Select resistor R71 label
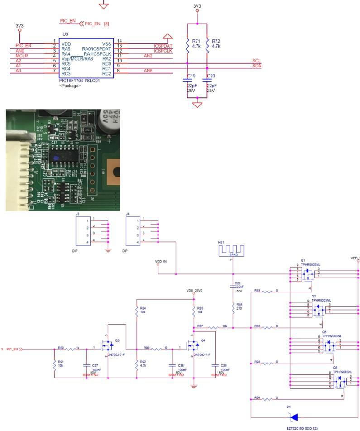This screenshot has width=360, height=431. (x=196, y=41)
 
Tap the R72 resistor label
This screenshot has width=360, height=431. (x=216, y=41)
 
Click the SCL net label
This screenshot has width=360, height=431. (x=256, y=60)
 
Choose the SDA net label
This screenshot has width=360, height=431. (x=256, y=66)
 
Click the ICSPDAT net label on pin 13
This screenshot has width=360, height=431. (x=163, y=46)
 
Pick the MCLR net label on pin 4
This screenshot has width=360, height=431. (x=22, y=56)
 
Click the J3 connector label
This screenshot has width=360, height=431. (x=78, y=214)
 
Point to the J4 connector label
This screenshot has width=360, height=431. (x=128, y=214)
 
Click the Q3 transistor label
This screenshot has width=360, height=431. (x=117, y=340)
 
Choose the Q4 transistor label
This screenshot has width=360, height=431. (x=202, y=340)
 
